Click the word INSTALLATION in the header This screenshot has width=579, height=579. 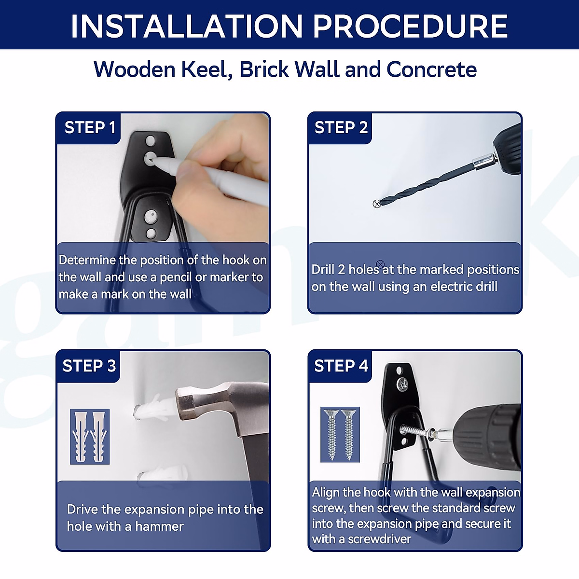(x=187, y=26)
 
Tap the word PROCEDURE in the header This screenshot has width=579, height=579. (x=411, y=26)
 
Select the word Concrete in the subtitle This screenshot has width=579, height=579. (x=431, y=69)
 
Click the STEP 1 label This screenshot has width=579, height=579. (x=90, y=127)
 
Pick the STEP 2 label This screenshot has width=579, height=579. (x=341, y=127)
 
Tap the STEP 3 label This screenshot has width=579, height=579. (x=89, y=366)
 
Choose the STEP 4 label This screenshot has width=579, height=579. (x=341, y=366)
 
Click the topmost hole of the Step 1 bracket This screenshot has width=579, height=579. (x=150, y=140)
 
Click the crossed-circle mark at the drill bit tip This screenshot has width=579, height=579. (x=376, y=204)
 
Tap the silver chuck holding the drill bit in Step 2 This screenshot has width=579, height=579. (x=483, y=161)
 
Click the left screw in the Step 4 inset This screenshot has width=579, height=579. (x=331, y=434)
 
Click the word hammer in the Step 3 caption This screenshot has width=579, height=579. (x=159, y=526)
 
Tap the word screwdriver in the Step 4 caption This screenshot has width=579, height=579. (x=380, y=539)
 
